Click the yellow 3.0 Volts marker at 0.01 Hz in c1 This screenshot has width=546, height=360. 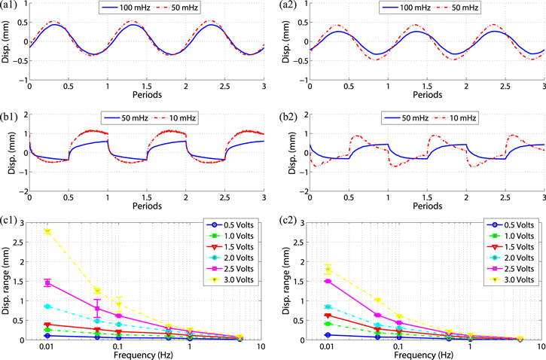pyautogui.click(x=47, y=231)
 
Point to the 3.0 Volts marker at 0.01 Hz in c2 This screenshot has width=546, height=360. pyautogui.click(x=326, y=269)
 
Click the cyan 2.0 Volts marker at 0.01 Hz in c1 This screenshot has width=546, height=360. pyautogui.click(x=47, y=307)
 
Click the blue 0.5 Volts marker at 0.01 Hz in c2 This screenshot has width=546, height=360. pyautogui.click(x=326, y=334)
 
